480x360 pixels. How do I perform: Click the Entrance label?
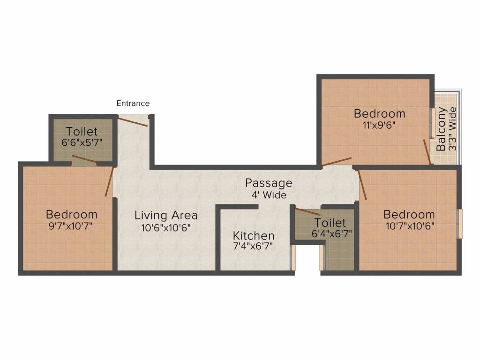[133, 104]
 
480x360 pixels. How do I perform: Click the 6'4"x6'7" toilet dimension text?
[330, 233]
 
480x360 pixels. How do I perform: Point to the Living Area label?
[166, 216]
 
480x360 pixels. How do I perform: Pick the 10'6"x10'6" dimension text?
[166, 228]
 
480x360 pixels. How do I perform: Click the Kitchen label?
[254, 235]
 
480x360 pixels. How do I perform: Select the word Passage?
[269, 183]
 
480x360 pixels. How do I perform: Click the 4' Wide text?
[269, 195]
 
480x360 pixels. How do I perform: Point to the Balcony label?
[441, 129]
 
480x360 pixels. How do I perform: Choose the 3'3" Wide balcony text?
[452, 129]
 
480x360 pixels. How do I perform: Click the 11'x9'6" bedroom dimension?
[379, 125]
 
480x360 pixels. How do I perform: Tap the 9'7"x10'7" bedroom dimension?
[71, 226]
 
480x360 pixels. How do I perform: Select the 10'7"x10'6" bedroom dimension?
[409, 226]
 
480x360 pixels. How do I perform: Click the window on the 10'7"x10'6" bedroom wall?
[460, 224]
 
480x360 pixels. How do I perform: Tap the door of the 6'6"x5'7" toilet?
[84, 160]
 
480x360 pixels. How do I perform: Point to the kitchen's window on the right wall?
[294, 257]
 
